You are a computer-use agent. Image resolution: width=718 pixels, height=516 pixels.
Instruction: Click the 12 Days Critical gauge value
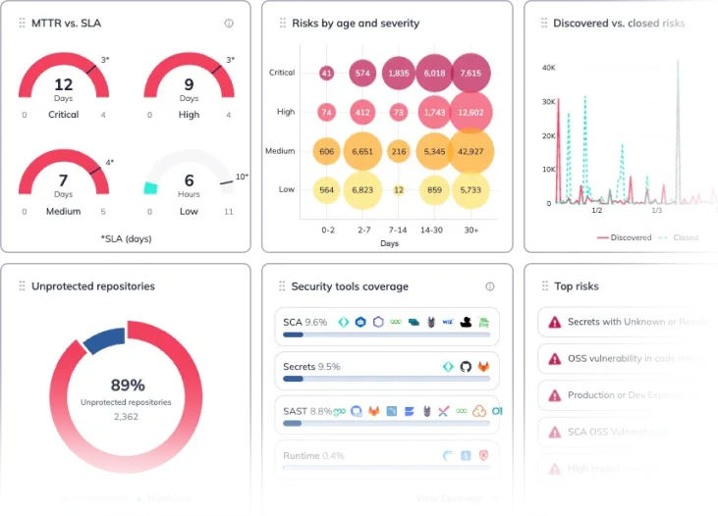coord(63,85)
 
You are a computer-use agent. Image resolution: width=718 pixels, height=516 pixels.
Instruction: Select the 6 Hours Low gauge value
coord(189,181)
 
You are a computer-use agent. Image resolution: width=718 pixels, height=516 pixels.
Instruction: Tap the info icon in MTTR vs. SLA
coord(229,24)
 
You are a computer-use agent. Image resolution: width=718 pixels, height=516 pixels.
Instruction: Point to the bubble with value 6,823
coord(362,190)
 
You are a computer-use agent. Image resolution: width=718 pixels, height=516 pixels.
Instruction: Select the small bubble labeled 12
coord(398,190)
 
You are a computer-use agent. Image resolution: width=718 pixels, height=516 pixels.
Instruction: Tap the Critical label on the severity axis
coord(282,73)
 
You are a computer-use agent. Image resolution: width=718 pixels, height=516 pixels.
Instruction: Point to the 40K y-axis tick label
coord(549,68)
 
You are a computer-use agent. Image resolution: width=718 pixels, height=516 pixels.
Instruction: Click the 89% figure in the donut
coord(126,386)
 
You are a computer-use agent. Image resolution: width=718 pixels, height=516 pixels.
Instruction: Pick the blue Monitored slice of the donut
coord(101,338)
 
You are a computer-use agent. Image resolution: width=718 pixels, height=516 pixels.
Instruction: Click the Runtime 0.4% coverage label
coord(313,455)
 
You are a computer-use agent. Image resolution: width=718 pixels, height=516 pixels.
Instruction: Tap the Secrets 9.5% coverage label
coord(311,366)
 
